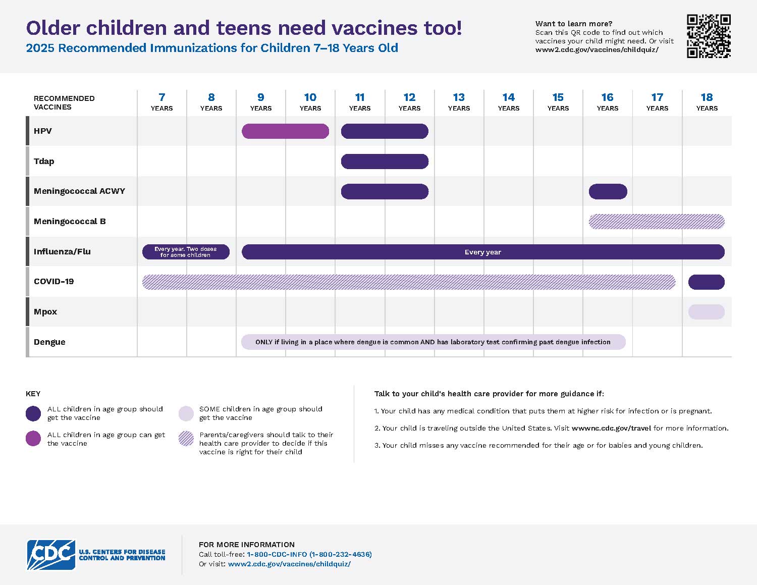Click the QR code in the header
point(709,36)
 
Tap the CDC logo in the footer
point(51,555)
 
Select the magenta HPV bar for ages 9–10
point(285,131)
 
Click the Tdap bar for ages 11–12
point(385,162)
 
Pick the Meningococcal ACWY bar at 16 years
point(608,192)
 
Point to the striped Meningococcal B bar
point(657,222)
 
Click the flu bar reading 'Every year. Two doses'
point(186,252)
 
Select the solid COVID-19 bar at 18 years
point(706,282)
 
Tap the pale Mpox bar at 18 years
point(706,312)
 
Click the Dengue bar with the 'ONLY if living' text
point(433,342)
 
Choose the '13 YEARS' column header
point(459,101)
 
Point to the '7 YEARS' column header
point(161,101)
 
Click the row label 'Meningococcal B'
point(70,222)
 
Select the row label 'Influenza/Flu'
point(62,252)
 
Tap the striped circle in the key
point(186,439)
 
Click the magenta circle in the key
point(33,439)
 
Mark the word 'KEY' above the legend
point(33,394)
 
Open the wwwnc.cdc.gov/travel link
point(611,428)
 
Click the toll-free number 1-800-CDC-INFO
point(309,554)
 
